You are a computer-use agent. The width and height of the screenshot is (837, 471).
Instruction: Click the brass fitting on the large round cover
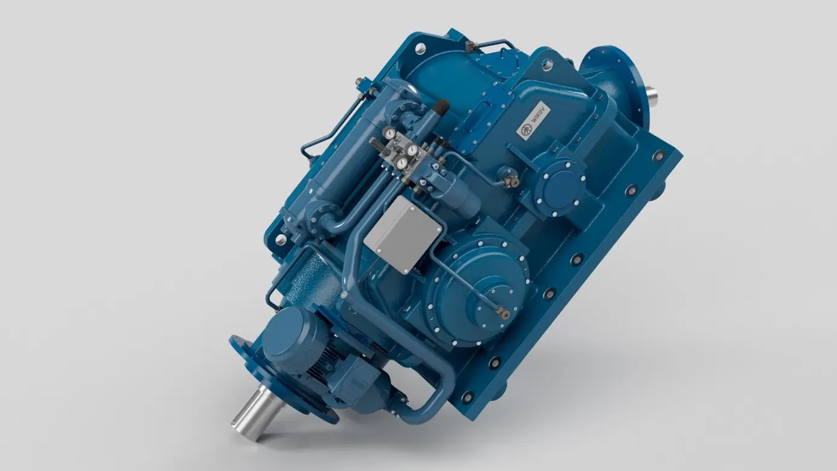[502, 311]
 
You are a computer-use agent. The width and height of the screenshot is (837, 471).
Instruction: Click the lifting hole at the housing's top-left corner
[420, 47]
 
